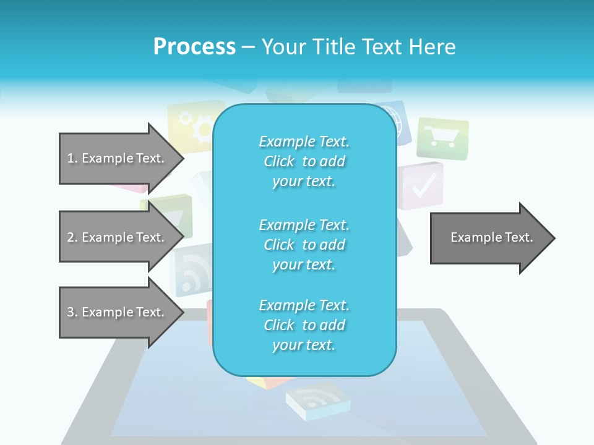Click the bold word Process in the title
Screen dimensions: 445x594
194,47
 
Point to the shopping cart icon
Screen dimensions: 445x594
442,138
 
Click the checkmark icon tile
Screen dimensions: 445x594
423,185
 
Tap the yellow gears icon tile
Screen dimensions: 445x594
191,127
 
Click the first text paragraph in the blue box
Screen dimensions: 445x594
304,161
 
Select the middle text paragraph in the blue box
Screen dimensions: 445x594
304,245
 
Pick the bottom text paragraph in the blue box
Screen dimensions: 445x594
304,325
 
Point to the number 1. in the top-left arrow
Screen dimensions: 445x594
72,158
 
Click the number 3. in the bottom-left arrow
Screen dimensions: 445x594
72,312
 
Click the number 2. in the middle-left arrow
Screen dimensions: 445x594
72,237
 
